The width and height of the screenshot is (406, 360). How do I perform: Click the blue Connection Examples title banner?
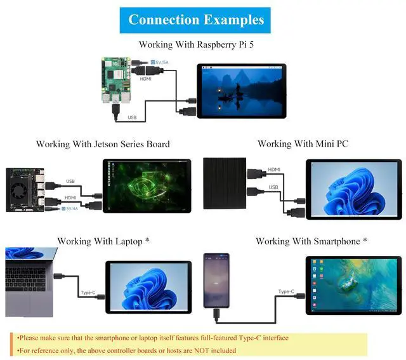point(195,20)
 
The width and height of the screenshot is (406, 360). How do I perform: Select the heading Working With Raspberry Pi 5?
point(196,44)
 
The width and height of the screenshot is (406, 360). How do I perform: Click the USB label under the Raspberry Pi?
point(132,117)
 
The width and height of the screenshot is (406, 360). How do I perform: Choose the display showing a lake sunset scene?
point(241,90)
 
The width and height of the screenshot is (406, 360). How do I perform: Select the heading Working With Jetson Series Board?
point(103,144)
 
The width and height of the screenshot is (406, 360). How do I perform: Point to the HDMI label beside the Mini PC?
point(274,170)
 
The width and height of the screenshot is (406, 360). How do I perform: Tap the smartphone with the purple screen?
point(216,279)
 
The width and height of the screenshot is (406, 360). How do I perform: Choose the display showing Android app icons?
point(353,284)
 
